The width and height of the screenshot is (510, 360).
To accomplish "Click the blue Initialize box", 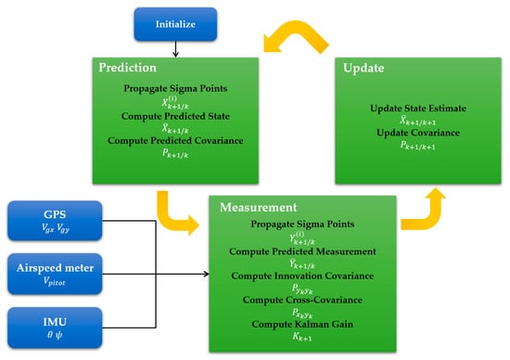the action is point(175,24).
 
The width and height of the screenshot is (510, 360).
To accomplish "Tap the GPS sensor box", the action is point(55,221).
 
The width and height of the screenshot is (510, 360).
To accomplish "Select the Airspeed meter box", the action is point(55,274).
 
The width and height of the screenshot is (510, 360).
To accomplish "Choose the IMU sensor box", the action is point(55,328).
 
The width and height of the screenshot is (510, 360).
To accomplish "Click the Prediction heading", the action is point(128,68).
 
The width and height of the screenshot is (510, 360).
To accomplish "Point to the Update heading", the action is point(363,68).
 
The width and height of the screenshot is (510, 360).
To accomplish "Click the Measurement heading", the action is point(259,207).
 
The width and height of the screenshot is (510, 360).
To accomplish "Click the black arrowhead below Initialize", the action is point(175,54).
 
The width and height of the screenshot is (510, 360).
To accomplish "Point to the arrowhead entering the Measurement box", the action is point(206,274).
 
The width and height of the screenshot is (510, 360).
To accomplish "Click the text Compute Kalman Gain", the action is point(302,324).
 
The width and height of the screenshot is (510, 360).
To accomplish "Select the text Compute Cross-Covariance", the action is point(302,300).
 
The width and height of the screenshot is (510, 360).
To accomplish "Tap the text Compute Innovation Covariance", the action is point(302,276).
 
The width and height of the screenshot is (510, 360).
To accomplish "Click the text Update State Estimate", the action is point(418,108).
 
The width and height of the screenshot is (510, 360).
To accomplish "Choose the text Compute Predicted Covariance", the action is point(175,141).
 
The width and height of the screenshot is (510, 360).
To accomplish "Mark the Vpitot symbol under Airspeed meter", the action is point(55,281).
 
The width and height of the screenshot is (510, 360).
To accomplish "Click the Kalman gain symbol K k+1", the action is point(302,337).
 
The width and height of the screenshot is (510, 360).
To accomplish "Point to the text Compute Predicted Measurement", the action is point(302,251).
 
